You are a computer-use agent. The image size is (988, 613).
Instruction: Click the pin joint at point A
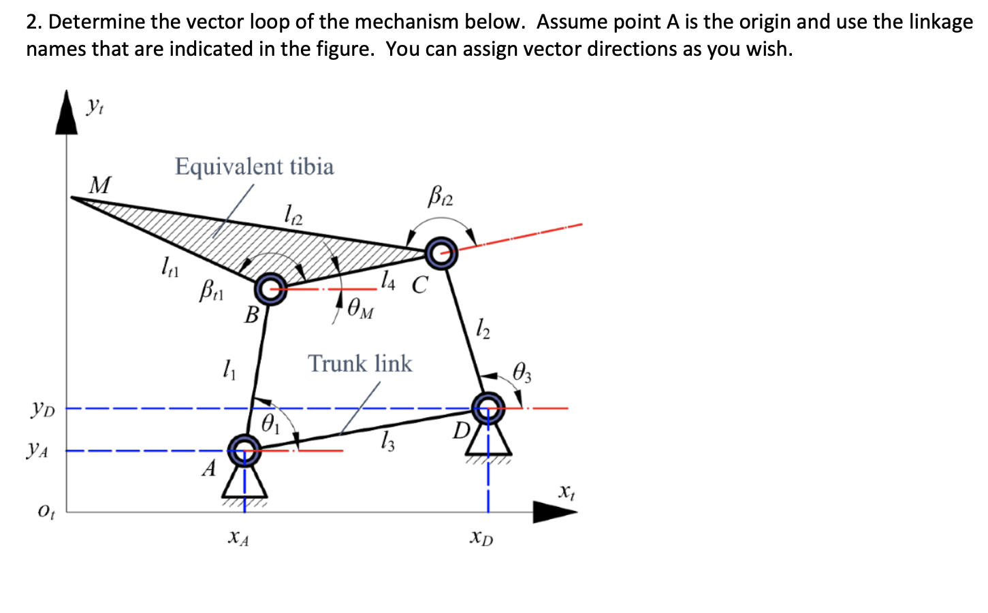point(244,450)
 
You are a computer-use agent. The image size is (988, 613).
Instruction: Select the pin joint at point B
point(271,289)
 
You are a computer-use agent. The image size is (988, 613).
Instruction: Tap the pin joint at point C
point(442,253)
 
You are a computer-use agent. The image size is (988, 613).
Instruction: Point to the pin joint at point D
point(488,408)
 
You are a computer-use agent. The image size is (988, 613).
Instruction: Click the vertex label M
point(100,185)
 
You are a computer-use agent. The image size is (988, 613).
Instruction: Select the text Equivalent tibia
point(254,167)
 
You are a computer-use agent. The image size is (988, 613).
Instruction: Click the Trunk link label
point(360,364)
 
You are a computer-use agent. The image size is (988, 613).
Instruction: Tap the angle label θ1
point(270,425)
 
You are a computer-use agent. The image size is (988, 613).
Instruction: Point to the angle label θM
point(360,310)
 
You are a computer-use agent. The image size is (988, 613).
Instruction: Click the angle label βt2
point(441,197)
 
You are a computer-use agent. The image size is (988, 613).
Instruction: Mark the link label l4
point(387,279)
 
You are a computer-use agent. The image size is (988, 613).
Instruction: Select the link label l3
point(387,444)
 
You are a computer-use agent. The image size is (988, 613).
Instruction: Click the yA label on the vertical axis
point(37,450)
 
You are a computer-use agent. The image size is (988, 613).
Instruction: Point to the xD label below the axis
point(481,538)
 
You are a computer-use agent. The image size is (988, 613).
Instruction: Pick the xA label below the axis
point(238,539)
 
